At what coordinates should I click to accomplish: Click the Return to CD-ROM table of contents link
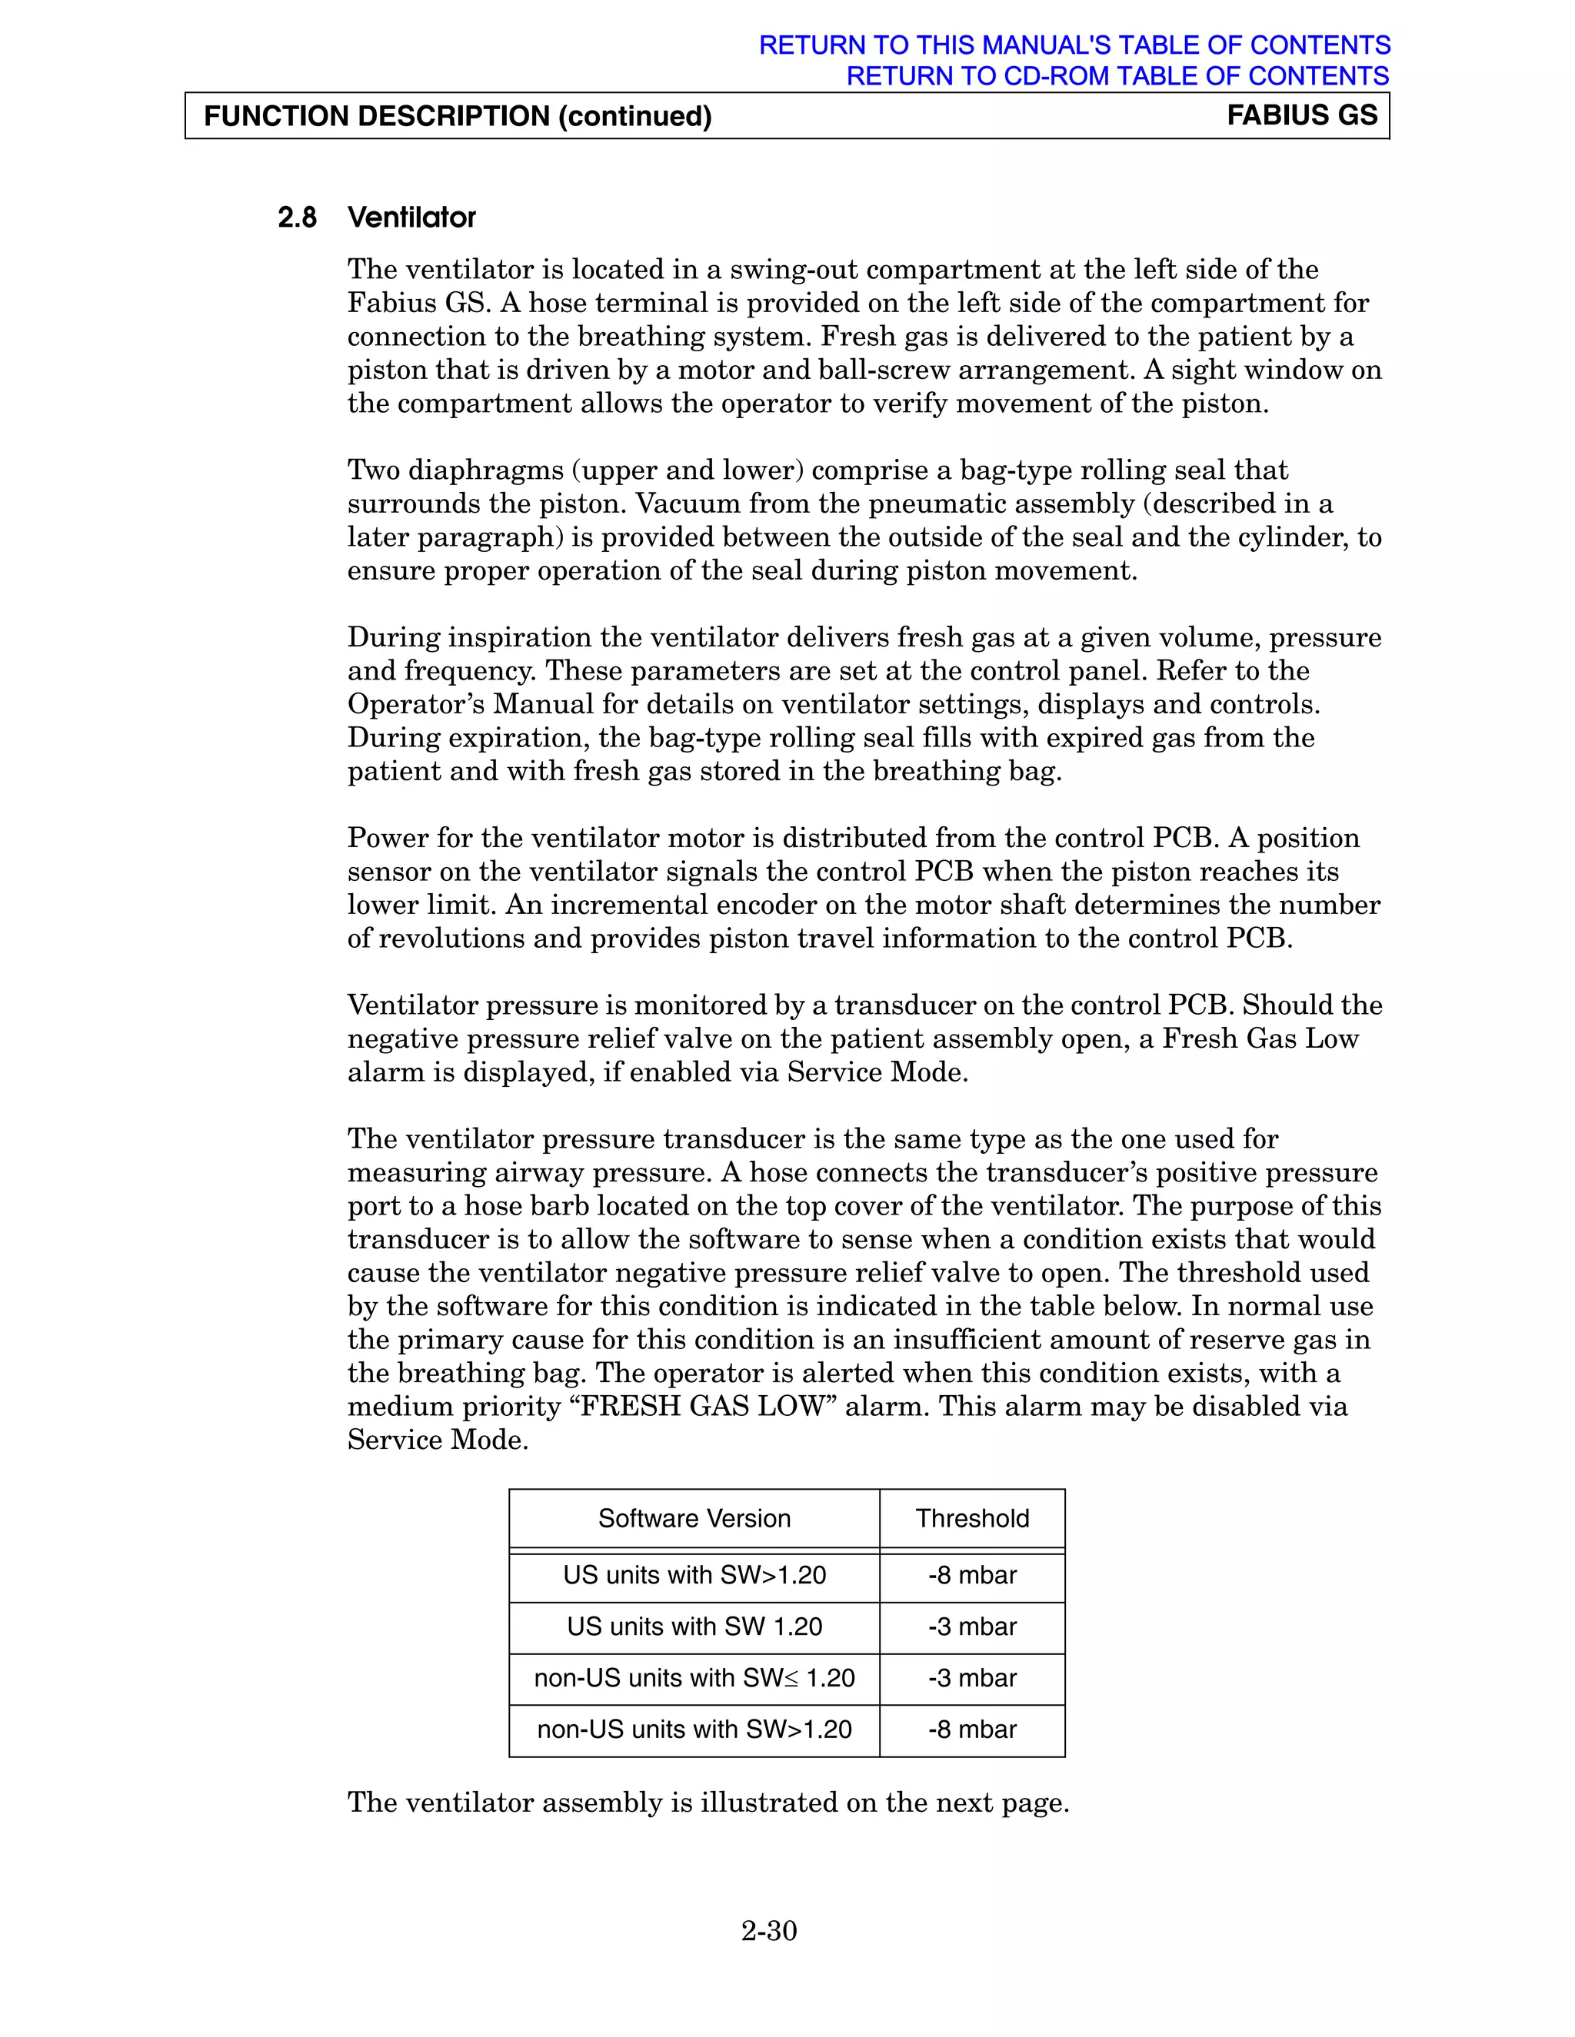point(1117,75)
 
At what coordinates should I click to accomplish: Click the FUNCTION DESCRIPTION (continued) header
point(458,117)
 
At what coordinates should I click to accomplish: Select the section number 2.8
point(297,218)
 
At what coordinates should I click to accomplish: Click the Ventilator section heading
point(411,218)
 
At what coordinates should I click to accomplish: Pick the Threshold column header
point(971,1518)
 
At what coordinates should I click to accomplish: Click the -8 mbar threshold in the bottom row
point(971,1730)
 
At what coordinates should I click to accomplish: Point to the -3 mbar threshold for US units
point(971,1627)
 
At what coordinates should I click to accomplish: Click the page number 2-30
point(769,1931)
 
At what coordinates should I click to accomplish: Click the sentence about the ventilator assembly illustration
point(708,1802)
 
